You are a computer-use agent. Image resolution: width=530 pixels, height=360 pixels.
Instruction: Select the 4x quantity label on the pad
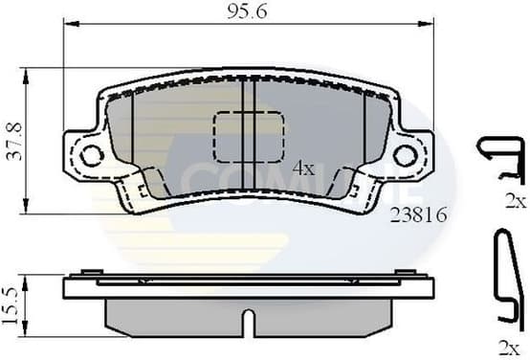pyautogui.click(x=302, y=167)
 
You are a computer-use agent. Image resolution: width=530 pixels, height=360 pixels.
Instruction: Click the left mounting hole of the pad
pyautogui.click(x=91, y=154)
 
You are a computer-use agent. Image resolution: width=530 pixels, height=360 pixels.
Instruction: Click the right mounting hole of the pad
pyautogui.click(x=405, y=154)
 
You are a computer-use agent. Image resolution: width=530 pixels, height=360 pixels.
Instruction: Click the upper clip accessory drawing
pyautogui.click(x=501, y=160)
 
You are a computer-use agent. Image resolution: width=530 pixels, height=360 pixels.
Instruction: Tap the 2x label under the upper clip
pyautogui.click(x=516, y=200)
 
